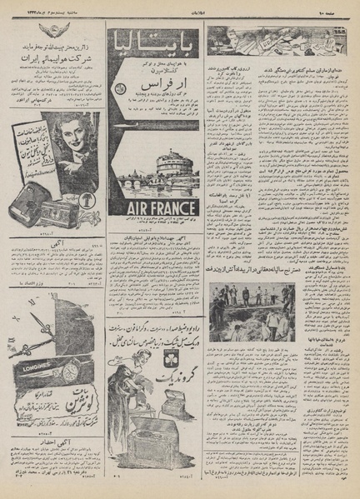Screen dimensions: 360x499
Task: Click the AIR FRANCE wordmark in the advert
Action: (152, 207)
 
